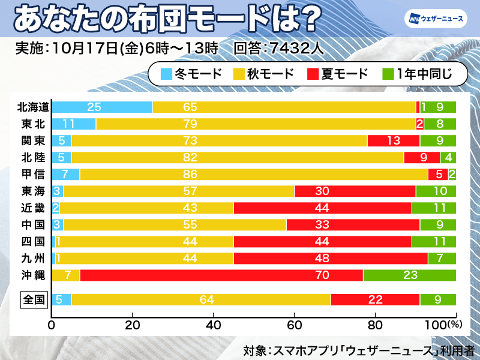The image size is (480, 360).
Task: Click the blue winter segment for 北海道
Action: [x=102, y=107]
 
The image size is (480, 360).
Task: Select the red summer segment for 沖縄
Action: [x=221, y=275]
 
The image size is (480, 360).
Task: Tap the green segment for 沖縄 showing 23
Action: [x=409, y=275]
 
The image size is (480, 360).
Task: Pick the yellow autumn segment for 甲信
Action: [x=254, y=175]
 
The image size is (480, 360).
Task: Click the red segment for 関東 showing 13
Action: [x=393, y=141]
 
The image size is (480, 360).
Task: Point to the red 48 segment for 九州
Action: [x=331, y=259]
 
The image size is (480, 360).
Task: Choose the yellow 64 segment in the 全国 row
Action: [x=201, y=299]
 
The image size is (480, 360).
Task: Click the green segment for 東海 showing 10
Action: [x=436, y=191]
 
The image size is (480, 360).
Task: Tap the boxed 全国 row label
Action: [x=34, y=299]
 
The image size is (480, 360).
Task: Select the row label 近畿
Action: [x=34, y=208]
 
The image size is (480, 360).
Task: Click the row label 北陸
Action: [x=34, y=158]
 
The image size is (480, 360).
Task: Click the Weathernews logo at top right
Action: [x=436, y=19]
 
